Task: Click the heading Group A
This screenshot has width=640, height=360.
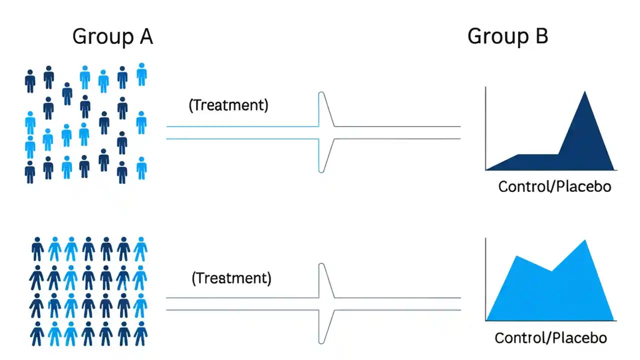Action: [x=112, y=36]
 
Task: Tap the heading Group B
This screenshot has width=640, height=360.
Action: [x=507, y=36]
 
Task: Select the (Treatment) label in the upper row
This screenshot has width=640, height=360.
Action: [x=228, y=105]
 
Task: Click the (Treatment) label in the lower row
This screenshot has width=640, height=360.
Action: [x=231, y=278]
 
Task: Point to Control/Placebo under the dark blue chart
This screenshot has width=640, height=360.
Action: [x=554, y=186]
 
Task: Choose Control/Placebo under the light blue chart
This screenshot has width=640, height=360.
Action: [x=550, y=337]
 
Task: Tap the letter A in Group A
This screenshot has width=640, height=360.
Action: [x=144, y=36]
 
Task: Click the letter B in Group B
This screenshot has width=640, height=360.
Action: [x=540, y=36]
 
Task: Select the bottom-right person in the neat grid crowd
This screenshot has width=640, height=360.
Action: [x=140, y=333]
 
